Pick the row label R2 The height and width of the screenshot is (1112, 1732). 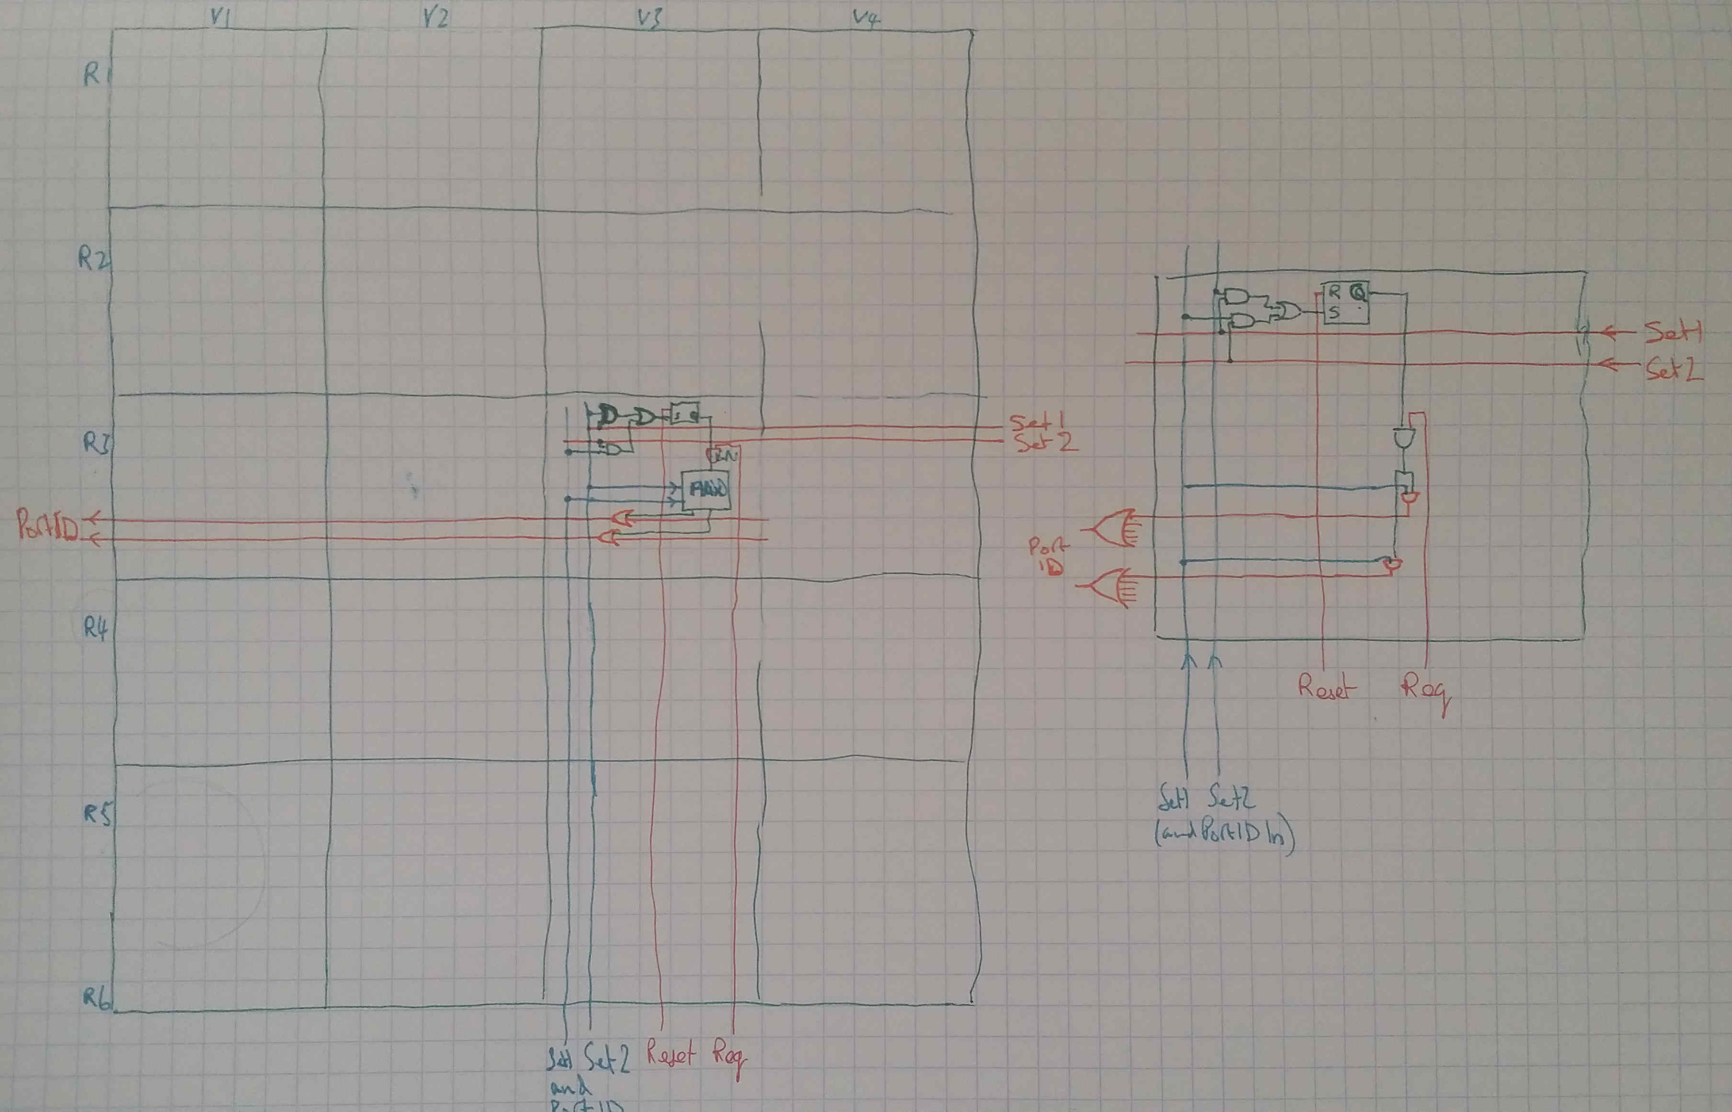[x=92, y=259]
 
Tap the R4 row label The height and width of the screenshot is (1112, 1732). [x=94, y=628]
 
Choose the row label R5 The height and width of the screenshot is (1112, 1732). [x=97, y=815]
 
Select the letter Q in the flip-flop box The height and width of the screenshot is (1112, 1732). [x=1357, y=293]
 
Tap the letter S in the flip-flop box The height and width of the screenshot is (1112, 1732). [x=1334, y=313]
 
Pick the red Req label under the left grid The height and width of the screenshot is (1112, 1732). [x=729, y=1058]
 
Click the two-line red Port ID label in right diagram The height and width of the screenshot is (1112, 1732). [x=1047, y=557]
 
